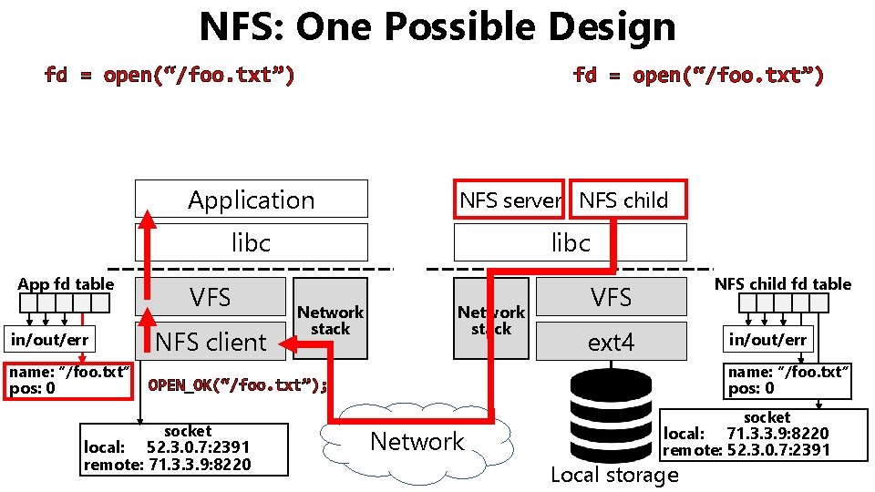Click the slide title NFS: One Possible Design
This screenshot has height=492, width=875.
[437, 27]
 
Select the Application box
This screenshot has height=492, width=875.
[251, 200]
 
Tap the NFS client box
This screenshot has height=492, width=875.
[211, 343]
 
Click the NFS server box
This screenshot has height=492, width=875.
[509, 200]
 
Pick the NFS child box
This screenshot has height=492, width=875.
[624, 200]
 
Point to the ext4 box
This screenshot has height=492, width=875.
[611, 343]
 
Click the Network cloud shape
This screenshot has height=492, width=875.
[417, 443]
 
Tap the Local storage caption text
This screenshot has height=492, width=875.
[614, 475]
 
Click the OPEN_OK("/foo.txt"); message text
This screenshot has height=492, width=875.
[237, 384]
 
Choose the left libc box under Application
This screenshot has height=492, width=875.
[251, 243]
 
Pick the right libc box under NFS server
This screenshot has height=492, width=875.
[571, 243]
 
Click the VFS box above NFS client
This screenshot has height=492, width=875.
[211, 298]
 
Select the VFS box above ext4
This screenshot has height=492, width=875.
[611, 297]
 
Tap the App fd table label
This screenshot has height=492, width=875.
[66, 283]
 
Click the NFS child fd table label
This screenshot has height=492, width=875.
[782, 283]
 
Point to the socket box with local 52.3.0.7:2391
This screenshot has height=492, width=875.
[183, 448]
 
